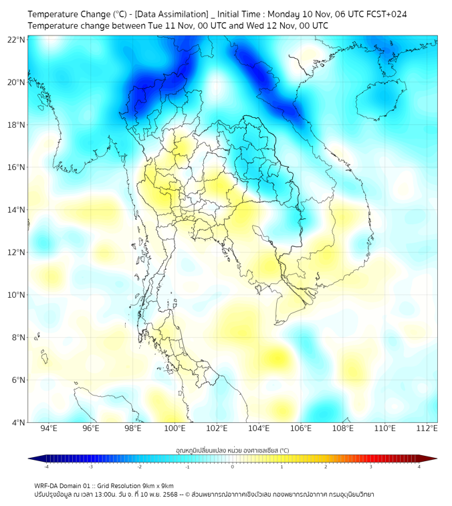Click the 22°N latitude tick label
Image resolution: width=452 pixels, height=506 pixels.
pos(17,39)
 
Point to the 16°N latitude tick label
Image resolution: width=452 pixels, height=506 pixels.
pos(17,167)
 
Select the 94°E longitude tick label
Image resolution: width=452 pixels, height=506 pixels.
pos(49,428)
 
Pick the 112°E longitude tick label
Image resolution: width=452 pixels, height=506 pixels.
pos(427,428)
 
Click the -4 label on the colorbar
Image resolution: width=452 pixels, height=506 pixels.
pos(46,467)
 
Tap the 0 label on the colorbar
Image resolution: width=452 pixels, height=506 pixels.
pos(233,467)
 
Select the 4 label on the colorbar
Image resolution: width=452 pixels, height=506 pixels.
pos(419,467)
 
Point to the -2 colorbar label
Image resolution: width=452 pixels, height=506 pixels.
pos(139,467)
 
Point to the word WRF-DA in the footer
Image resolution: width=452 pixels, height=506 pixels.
pos(47,485)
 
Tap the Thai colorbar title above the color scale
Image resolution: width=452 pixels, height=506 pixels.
pos(232,450)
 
